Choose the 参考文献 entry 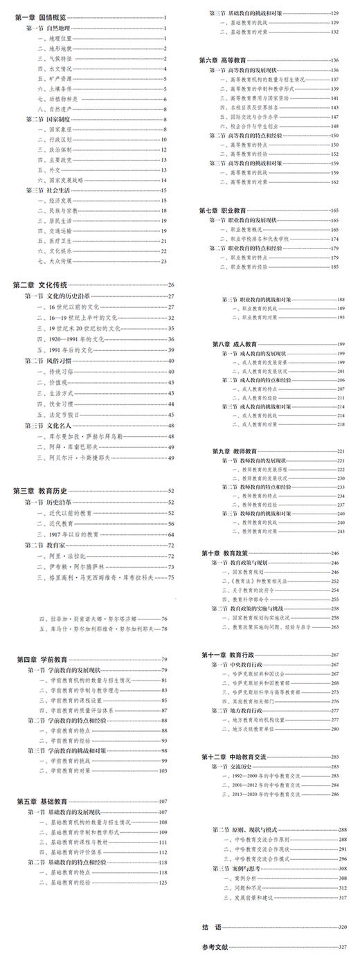[x=214, y=946]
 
